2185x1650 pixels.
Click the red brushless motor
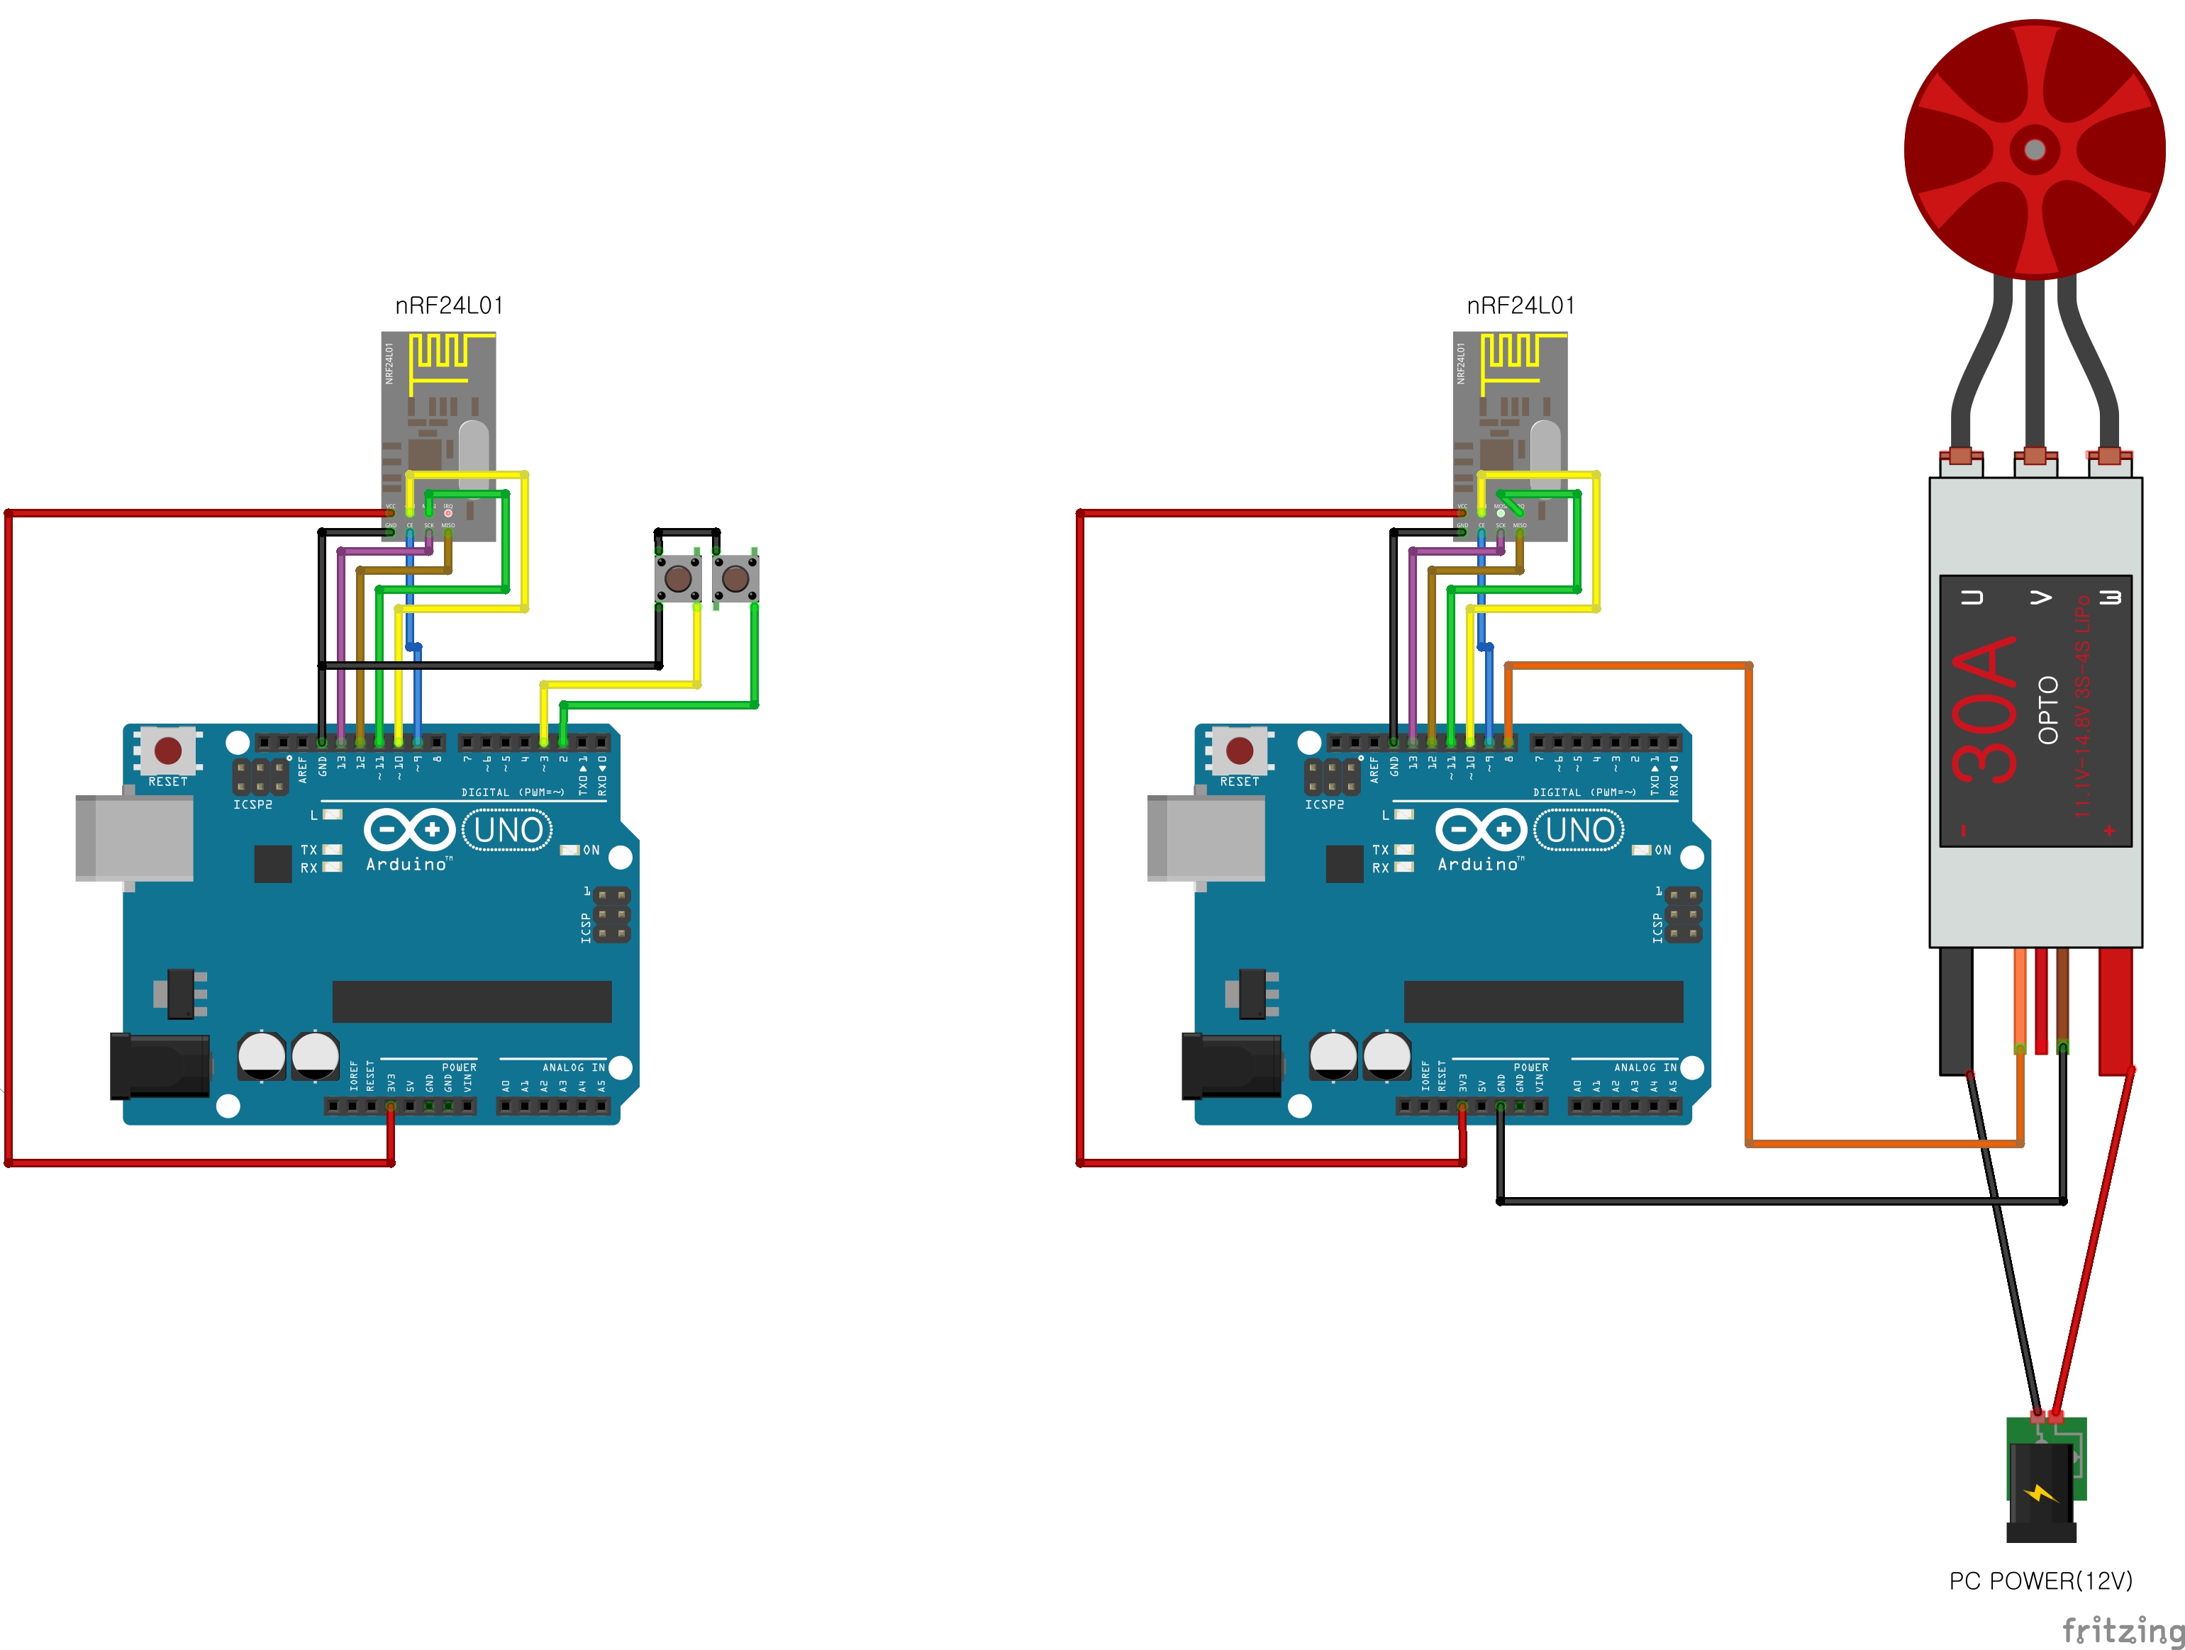coord(2034,148)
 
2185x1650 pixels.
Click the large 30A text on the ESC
coord(1984,709)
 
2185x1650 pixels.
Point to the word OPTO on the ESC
coord(2047,709)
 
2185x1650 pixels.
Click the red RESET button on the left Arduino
coord(168,751)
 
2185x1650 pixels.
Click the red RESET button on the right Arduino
coord(1240,751)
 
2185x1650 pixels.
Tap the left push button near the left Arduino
coord(679,577)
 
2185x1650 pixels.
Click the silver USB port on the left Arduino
coord(134,837)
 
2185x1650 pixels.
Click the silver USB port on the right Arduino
coord(1206,837)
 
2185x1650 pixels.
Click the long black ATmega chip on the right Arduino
coord(1543,1001)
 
